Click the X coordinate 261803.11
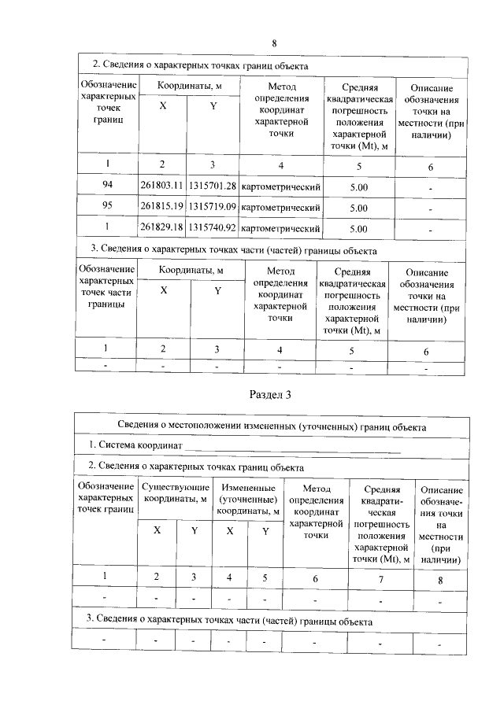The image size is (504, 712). click(161, 186)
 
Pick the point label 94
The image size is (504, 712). click(106, 186)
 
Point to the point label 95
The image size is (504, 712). click(106, 207)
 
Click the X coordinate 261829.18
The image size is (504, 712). click(161, 228)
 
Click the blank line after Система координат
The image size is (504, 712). click(291, 446)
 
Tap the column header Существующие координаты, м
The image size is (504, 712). click(174, 493)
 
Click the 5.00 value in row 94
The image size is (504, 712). click(358, 186)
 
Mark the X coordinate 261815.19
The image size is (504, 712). click(161, 207)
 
